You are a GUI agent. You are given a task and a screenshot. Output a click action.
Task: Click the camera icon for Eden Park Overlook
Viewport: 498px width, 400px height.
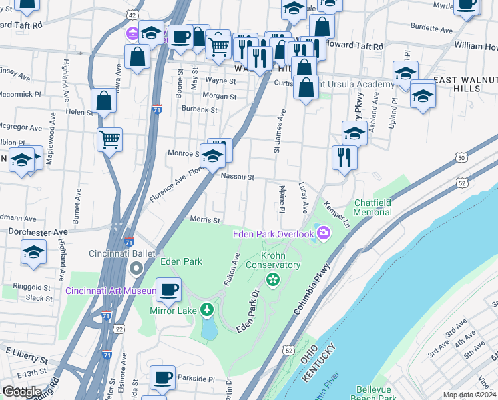(324, 233)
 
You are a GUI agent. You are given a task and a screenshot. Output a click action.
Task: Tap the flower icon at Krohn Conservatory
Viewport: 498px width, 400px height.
(272, 279)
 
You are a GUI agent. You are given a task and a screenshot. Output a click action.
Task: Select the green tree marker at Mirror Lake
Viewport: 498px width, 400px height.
(207, 309)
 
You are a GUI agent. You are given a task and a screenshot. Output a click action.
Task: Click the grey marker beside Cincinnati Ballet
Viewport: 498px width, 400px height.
(137, 269)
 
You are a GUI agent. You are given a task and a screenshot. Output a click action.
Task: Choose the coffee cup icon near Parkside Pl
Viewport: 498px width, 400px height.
(162, 378)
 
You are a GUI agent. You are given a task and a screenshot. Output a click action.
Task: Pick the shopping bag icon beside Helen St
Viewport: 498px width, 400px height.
(104, 102)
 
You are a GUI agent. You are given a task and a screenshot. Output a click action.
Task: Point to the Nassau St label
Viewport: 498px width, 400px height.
(238, 177)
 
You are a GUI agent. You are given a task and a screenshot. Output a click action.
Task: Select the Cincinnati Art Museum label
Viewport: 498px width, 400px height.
(110, 290)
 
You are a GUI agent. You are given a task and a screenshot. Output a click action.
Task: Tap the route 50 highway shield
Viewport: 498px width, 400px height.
(461, 157)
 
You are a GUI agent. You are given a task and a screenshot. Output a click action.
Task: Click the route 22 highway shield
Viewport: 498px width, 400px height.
(119, 329)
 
